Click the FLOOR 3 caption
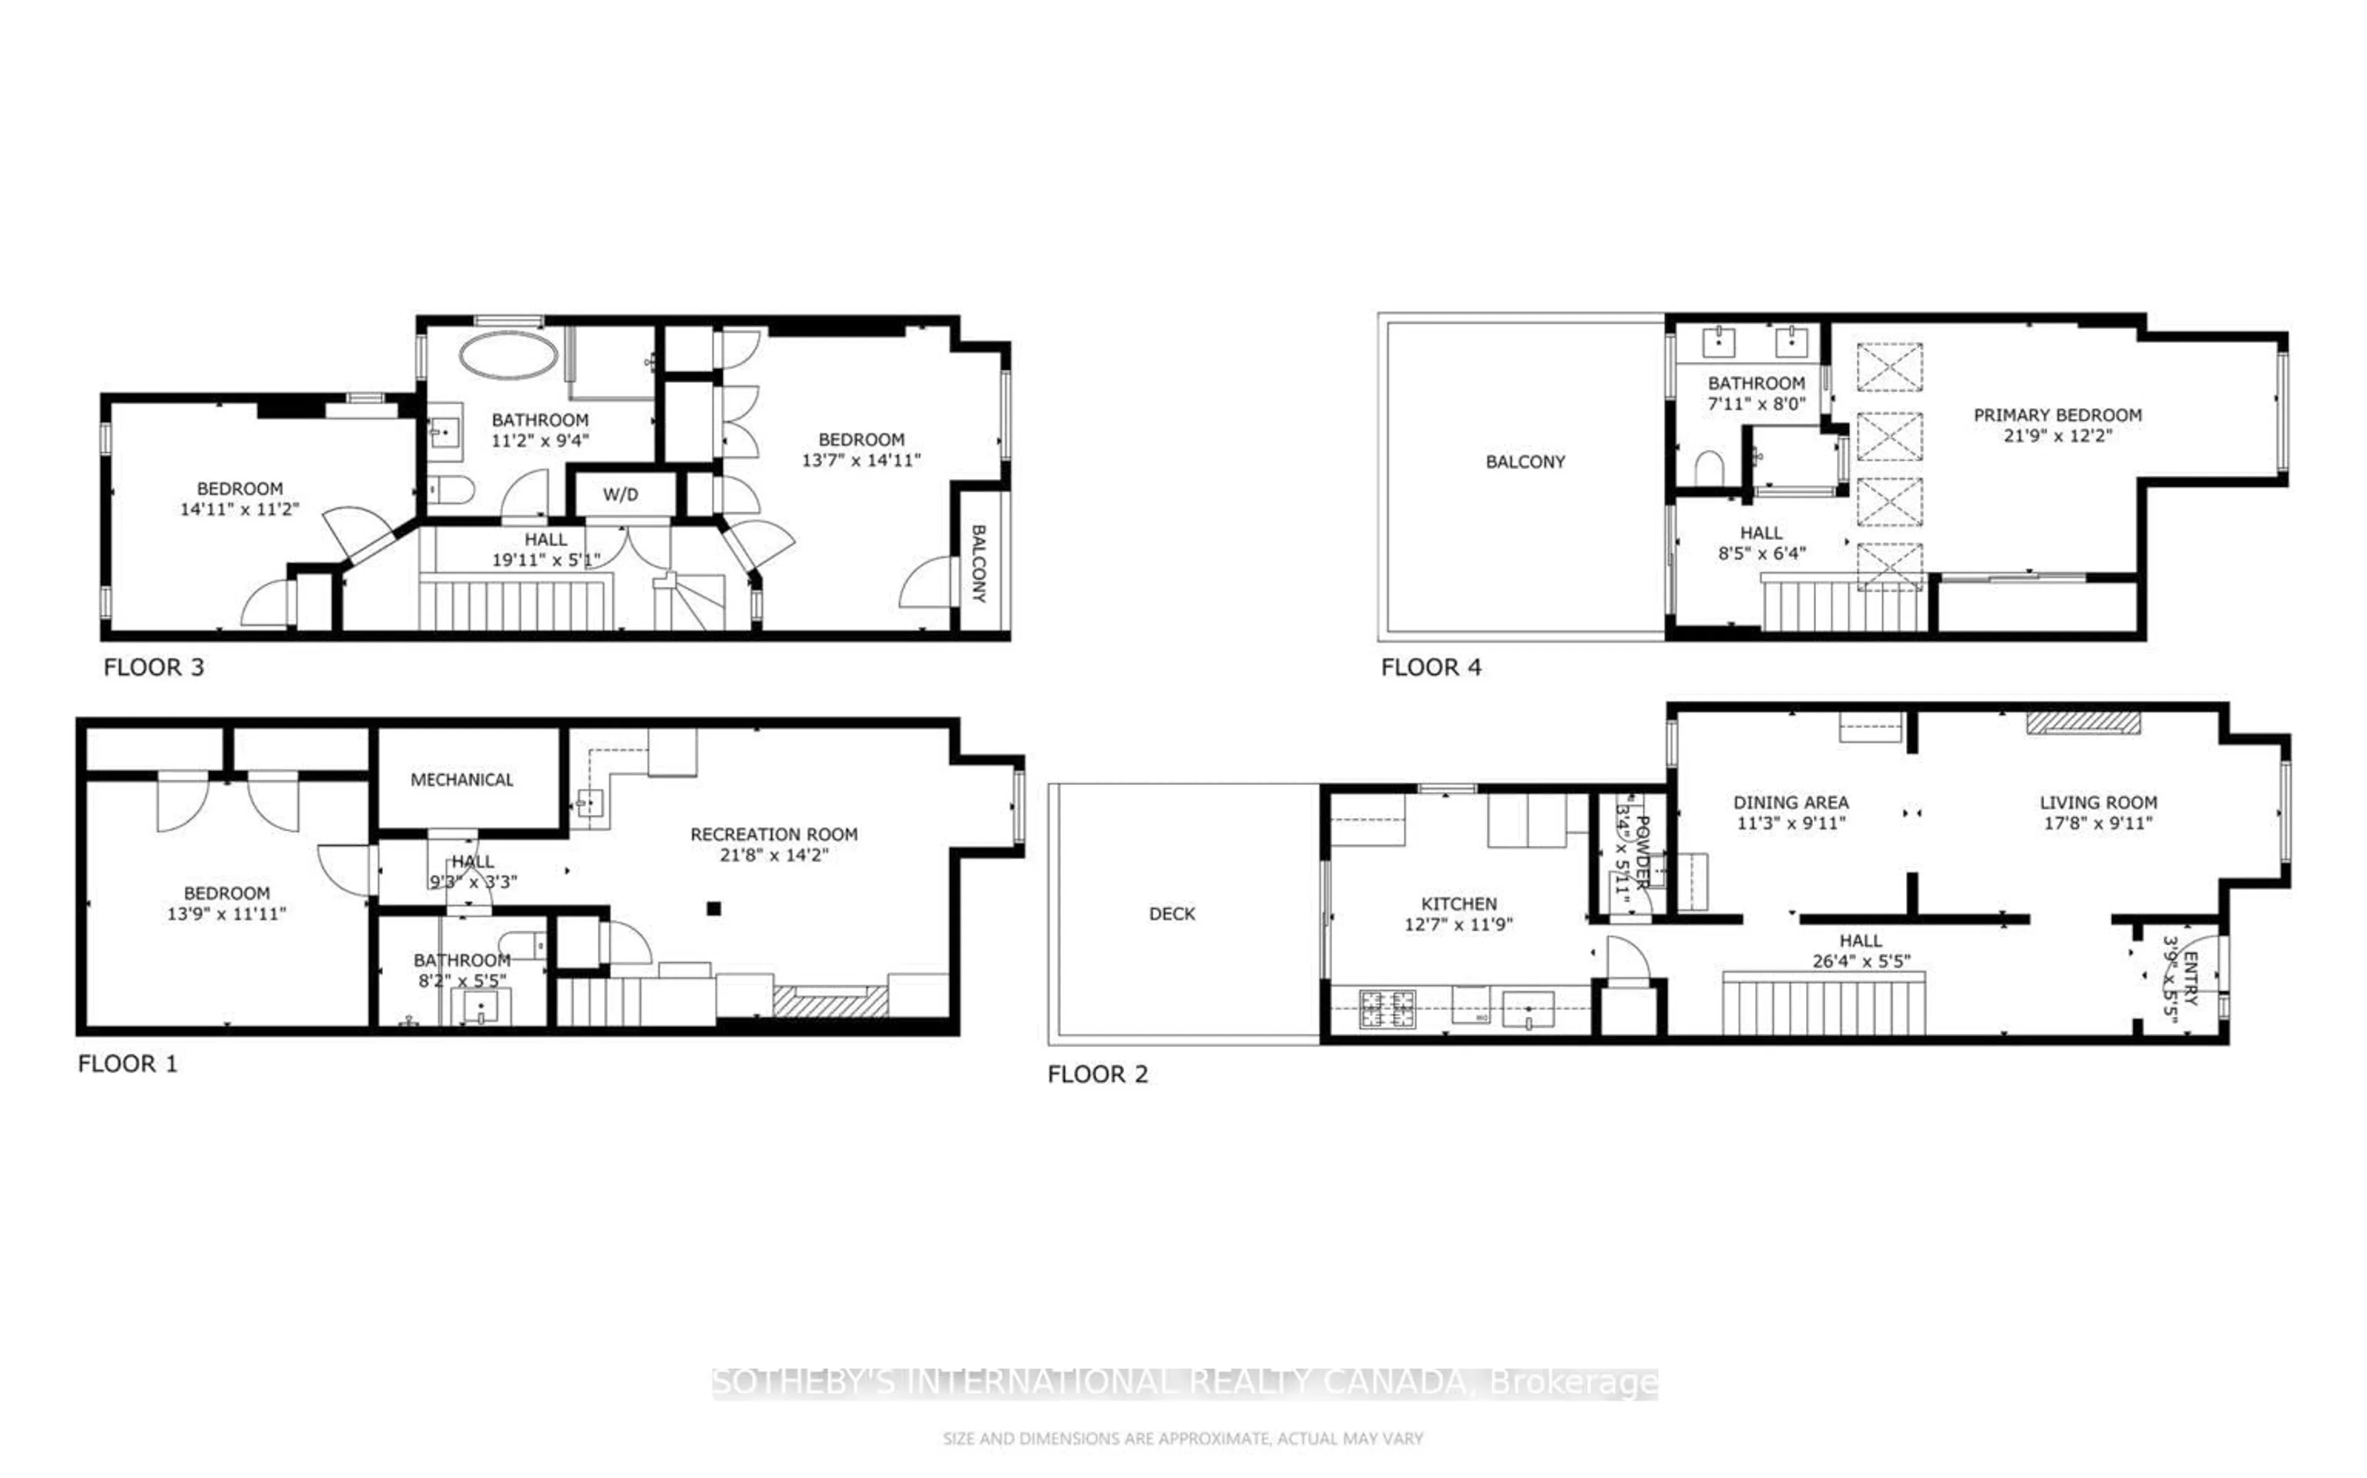[153, 668]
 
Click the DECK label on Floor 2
[1172, 914]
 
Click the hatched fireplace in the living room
[2083, 724]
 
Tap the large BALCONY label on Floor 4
[1524, 462]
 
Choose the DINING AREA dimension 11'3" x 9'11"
[1791, 823]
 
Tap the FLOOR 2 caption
[1097, 1074]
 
